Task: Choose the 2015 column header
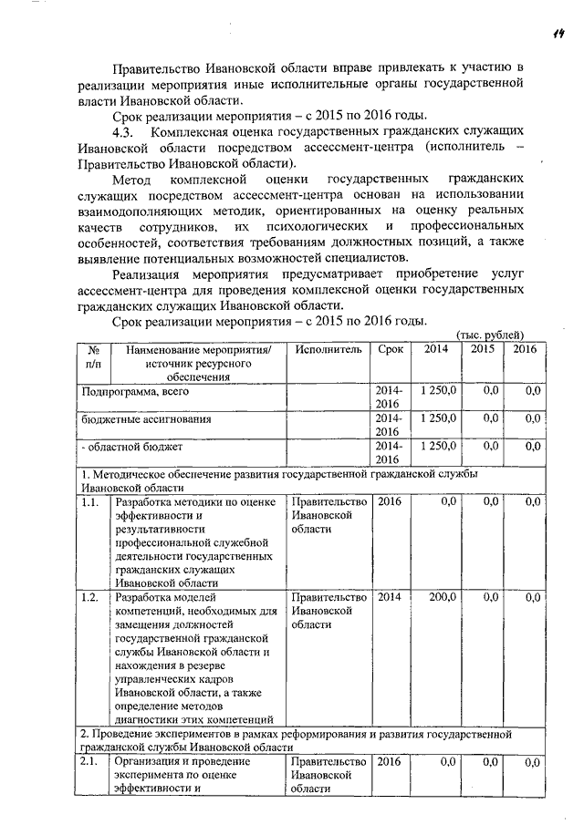483,349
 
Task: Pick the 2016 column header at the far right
526,349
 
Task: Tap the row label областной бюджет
135,448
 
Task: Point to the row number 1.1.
89,502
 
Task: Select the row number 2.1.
89,760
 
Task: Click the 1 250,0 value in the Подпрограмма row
436,391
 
